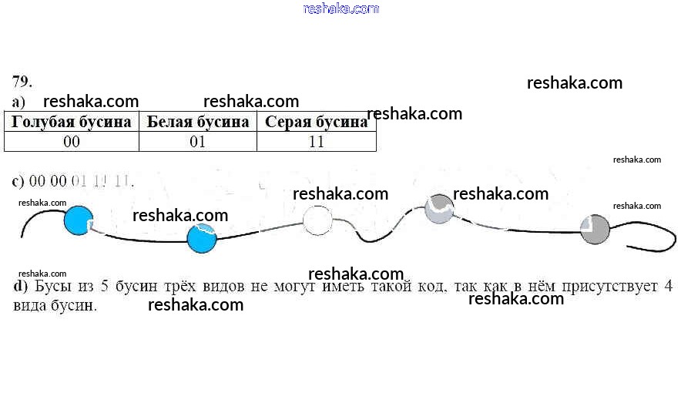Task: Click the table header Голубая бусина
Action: [72, 123]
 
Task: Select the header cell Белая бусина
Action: [198, 123]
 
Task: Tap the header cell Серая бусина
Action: [316, 123]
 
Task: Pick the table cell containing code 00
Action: [72, 142]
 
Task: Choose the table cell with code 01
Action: [198, 142]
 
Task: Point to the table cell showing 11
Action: [316, 142]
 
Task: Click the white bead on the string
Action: [317, 221]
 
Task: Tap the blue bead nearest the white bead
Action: [202, 237]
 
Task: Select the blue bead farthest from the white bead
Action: [78, 221]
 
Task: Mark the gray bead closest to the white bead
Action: [439, 209]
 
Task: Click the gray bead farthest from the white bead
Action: [595, 230]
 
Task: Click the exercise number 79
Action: [22, 81]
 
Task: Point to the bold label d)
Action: [21, 287]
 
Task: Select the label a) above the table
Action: [19, 102]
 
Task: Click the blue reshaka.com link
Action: [341, 8]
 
